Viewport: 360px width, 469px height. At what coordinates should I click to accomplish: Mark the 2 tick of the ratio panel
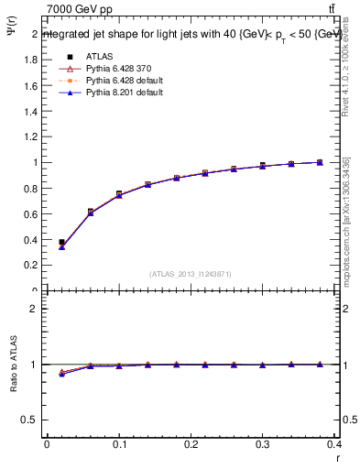34,309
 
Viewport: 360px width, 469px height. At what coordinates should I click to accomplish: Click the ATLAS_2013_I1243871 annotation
191,274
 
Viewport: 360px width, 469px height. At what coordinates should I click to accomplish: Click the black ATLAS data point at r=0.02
61,243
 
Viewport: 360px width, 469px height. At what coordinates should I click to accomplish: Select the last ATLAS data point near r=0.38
320,162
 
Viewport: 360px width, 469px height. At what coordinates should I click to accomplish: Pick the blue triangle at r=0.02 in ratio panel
61,374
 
